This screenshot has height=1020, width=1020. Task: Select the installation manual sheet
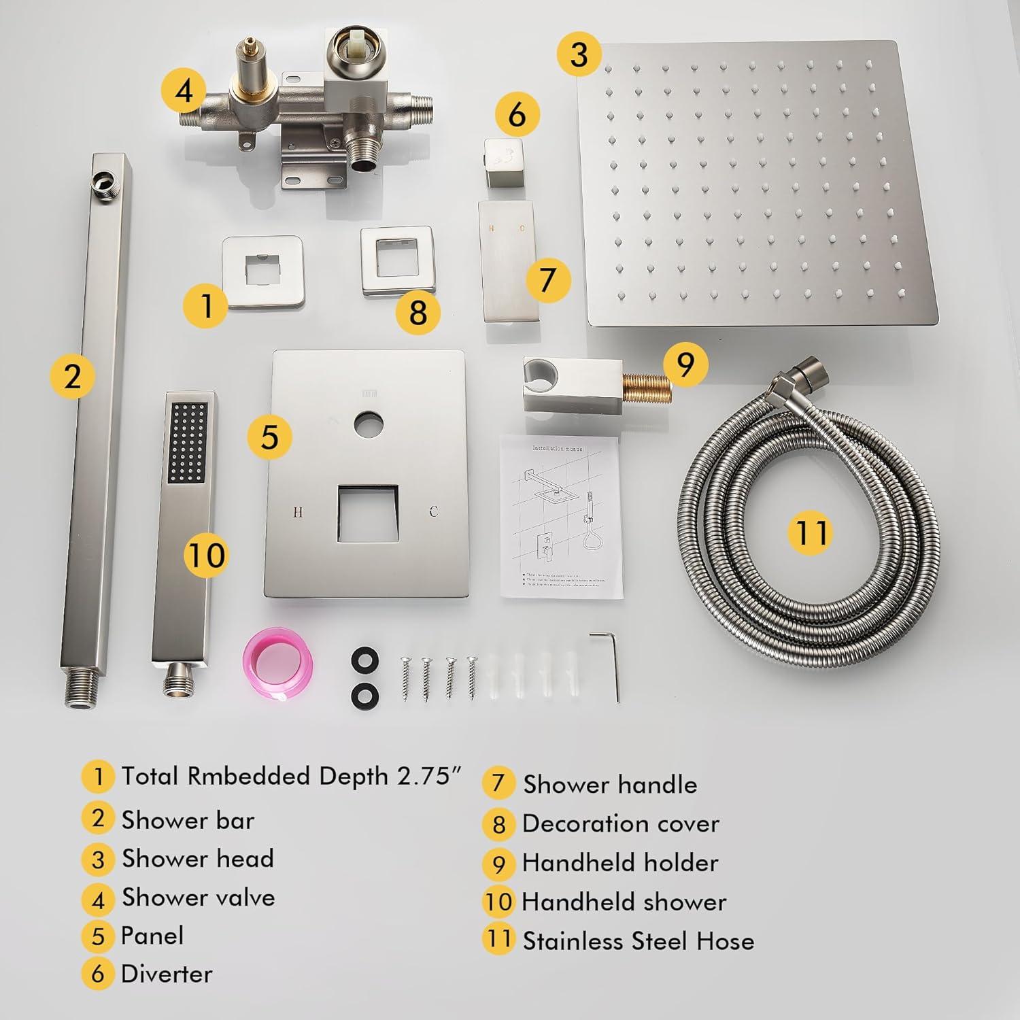561,517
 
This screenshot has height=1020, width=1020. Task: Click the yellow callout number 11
811,531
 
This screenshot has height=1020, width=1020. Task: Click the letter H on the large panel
297,512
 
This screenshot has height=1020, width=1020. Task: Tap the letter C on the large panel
433,512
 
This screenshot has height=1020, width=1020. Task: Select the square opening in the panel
367,514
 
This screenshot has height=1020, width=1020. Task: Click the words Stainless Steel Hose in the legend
638,941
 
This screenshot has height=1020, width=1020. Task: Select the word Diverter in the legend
167,974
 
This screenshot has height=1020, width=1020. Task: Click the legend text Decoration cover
620,823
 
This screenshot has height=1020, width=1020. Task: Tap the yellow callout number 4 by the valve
184,91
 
